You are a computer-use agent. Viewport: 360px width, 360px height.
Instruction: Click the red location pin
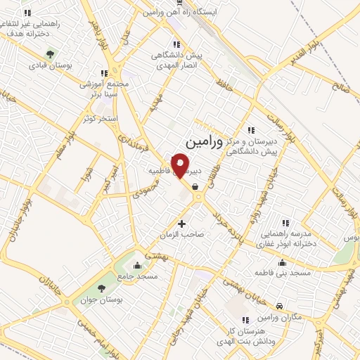click(x=181, y=165)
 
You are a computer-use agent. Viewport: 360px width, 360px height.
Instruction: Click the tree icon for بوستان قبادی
click(x=50, y=54)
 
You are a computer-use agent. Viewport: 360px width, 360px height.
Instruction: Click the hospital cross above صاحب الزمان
click(x=182, y=224)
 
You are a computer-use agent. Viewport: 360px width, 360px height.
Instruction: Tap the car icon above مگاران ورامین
click(x=280, y=306)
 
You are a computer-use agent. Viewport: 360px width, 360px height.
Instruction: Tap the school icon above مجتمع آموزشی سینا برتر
click(x=104, y=72)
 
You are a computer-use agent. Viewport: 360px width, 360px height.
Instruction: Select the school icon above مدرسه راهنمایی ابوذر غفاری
click(x=285, y=222)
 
